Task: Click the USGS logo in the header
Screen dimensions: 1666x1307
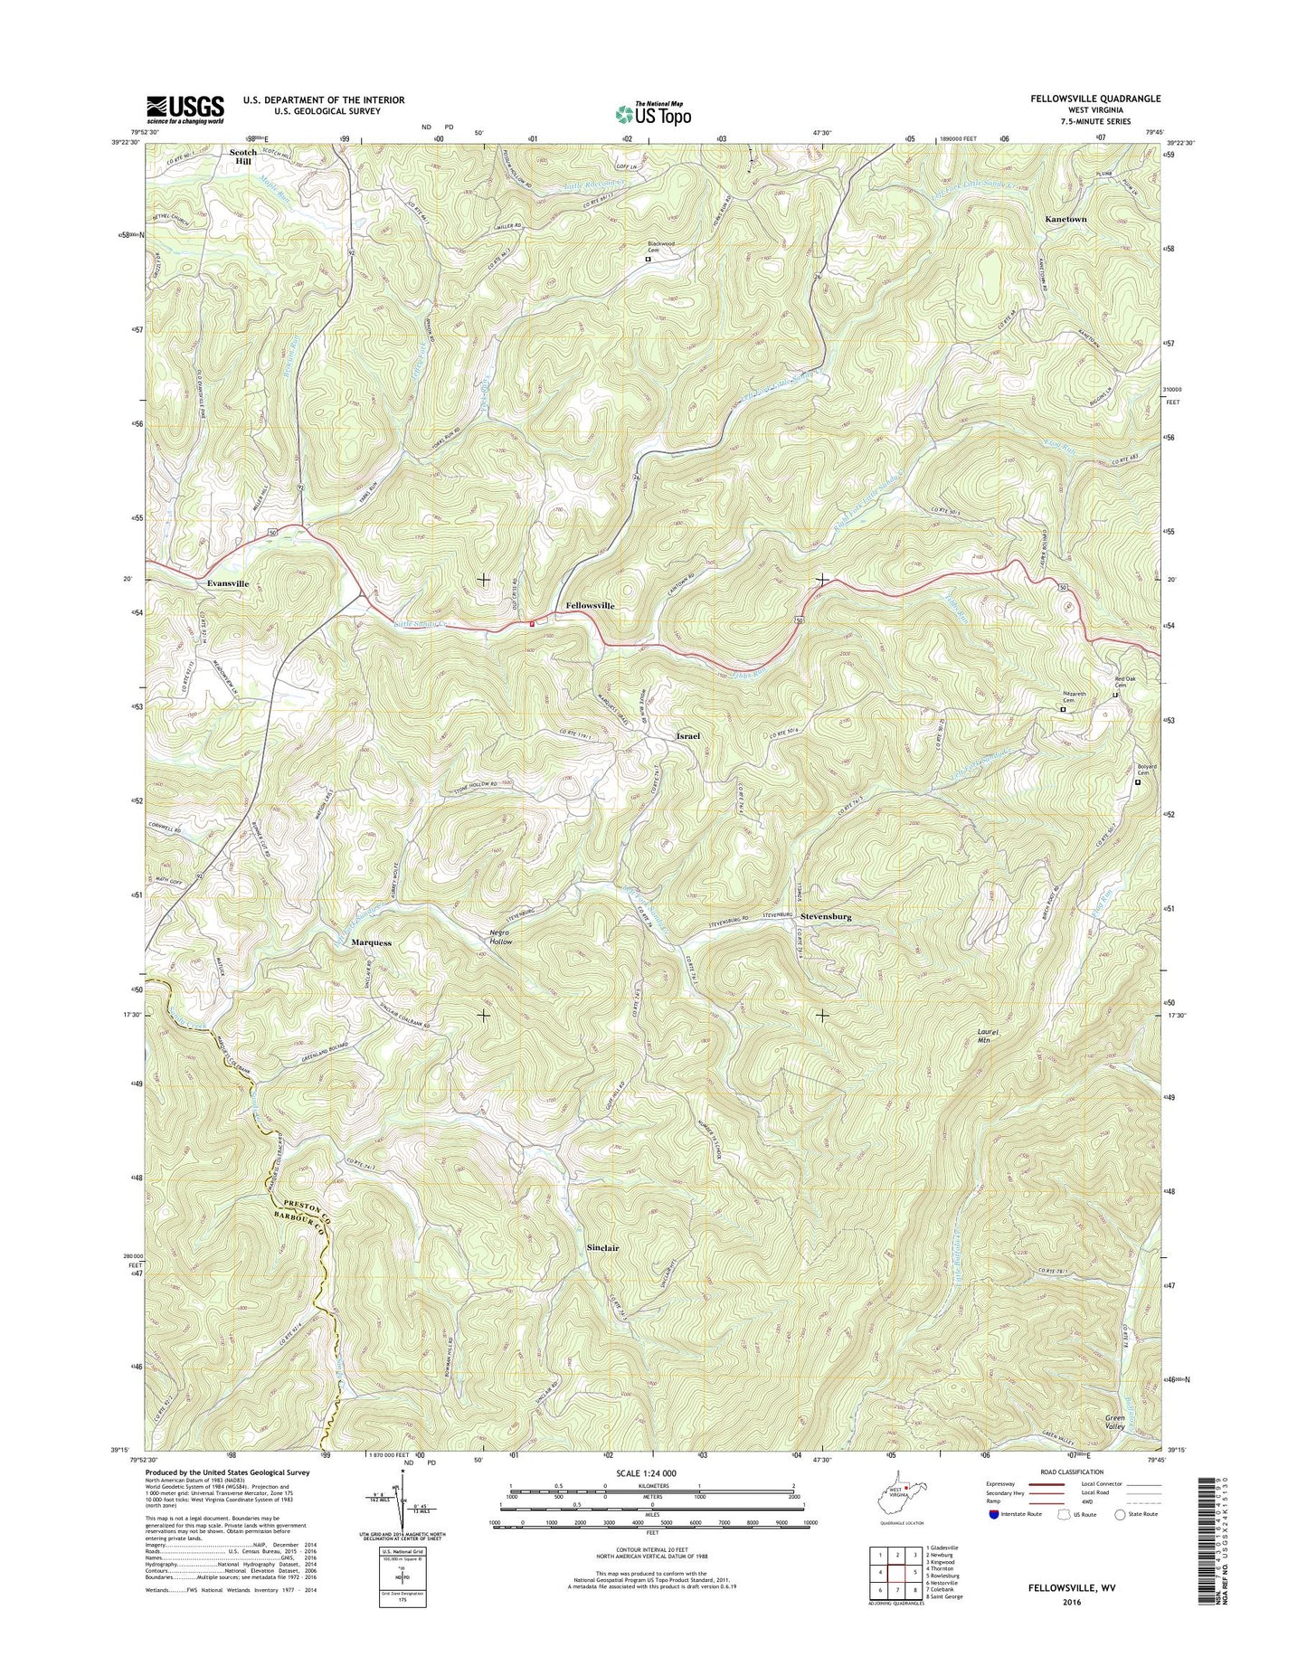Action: [185, 109]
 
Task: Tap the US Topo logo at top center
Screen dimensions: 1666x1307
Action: [653, 113]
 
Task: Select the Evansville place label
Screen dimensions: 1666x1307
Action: [227, 584]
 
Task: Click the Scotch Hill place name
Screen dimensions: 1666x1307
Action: [242, 156]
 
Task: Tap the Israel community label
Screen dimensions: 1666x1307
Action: [687, 736]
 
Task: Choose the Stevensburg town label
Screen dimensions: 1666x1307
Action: [825, 916]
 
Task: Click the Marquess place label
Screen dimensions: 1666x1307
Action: [371, 942]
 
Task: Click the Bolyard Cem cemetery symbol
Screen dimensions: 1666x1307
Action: [1138, 782]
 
